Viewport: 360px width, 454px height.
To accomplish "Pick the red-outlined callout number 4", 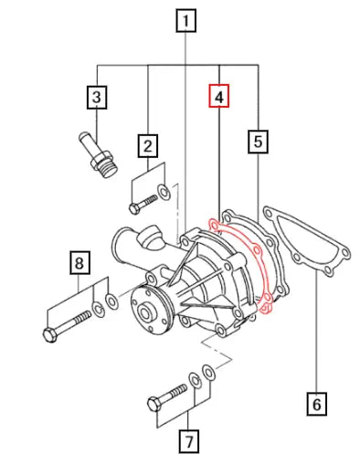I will click(x=220, y=96).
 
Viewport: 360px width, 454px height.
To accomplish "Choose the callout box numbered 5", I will click(x=259, y=141).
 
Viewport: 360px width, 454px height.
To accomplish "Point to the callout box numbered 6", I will click(x=316, y=401).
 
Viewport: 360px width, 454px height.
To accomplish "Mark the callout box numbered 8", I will click(x=80, y=265).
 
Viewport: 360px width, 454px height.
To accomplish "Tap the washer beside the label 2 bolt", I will click(x=163, y=192).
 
